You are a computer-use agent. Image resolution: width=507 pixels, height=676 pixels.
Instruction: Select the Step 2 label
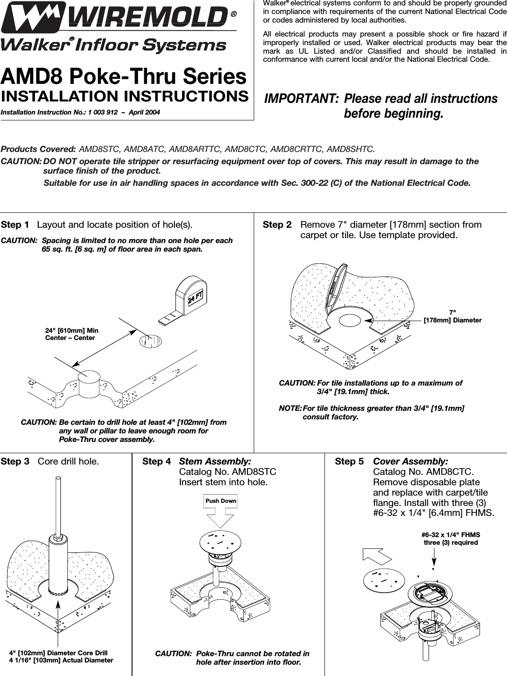[x=277, y=225]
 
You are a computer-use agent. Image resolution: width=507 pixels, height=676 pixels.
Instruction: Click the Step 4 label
[x=156, y=461]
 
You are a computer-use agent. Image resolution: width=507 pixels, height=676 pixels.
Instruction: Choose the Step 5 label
[x=349, y=461]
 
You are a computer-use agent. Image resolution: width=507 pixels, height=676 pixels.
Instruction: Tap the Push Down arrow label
[x=220, y=501]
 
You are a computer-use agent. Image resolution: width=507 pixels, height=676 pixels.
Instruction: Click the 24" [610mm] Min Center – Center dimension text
[x=72, y=334]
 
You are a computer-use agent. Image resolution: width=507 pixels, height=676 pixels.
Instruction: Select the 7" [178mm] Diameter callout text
[x=452, y=316]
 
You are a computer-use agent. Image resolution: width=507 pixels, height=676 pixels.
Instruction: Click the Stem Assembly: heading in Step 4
[x=215, y=461]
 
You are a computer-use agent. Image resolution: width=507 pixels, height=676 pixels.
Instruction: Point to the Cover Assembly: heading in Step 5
[x=411, y=461]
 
